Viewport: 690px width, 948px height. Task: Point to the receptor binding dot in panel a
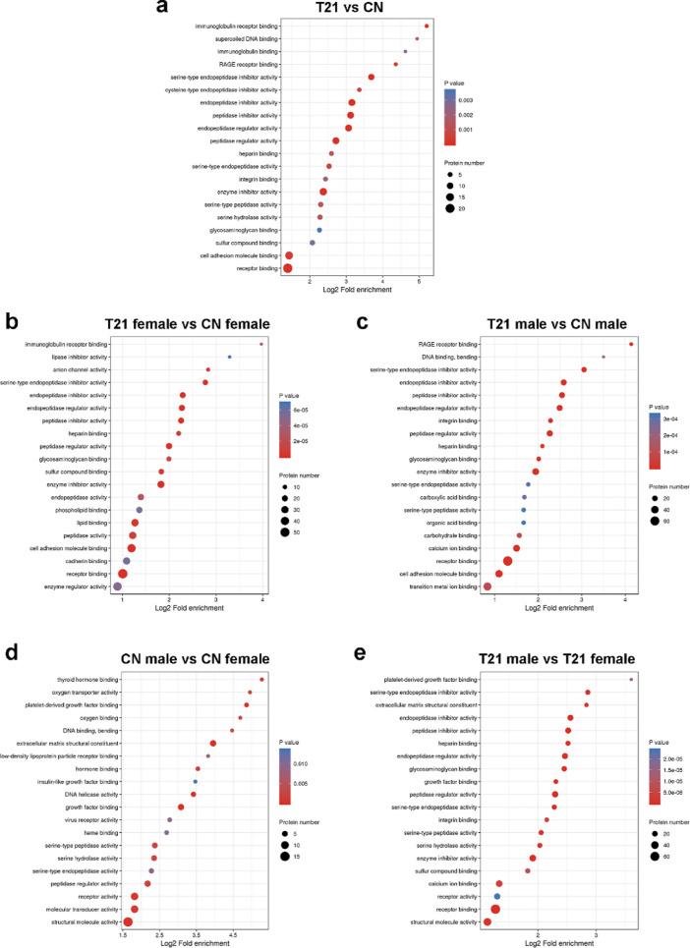[288, 267]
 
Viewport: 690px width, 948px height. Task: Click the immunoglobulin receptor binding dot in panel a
[427, 26]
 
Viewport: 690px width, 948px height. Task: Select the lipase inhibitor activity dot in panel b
[229, 357]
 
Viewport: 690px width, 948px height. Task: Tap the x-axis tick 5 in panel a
[420, 282]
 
